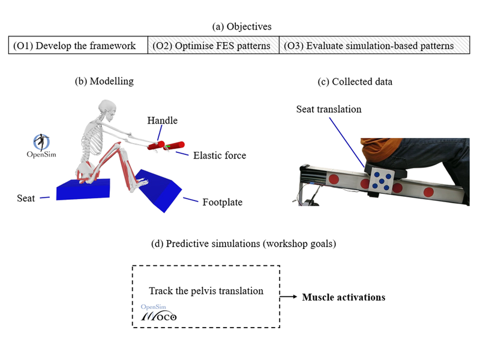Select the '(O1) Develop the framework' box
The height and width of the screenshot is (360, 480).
pos(78,46)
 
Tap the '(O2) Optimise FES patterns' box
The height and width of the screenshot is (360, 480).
pos(213,46)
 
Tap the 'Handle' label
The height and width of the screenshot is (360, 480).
pos(163,121)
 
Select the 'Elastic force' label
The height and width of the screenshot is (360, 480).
pos(220,155)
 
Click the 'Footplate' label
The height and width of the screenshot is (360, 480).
pos(223,202)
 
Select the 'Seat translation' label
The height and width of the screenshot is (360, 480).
pos(328,109)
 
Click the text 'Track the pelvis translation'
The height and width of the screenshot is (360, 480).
pos(206,291)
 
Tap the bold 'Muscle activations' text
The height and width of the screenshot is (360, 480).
pos(344,297)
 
